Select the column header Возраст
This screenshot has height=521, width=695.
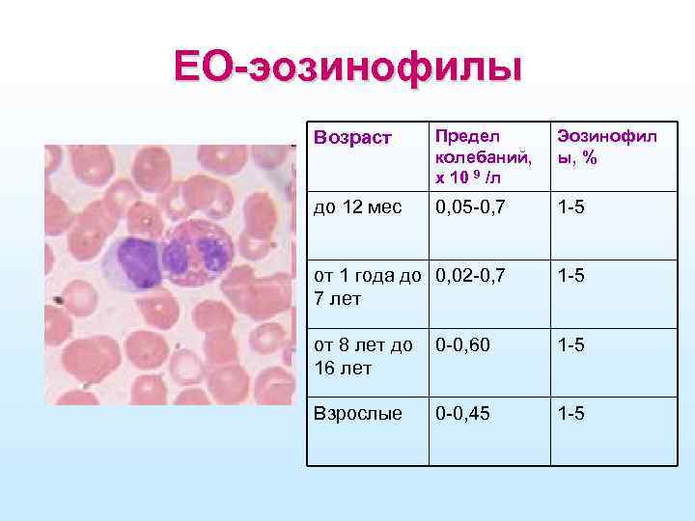tap(354, 139)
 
